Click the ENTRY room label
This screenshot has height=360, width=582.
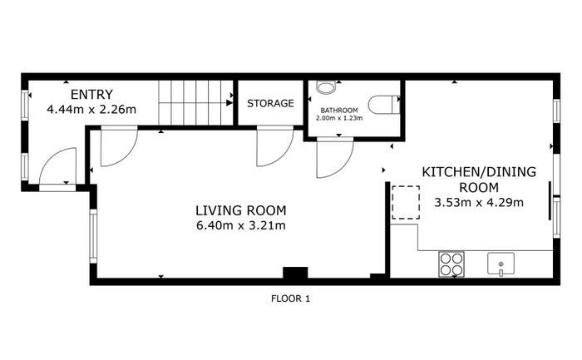click(91, 95)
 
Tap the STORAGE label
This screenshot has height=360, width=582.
click(270, 103)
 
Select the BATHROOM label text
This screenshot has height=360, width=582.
click(339, 111)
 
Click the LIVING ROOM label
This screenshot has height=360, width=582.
click(241, 210)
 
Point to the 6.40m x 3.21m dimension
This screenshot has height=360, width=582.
click(241, 225)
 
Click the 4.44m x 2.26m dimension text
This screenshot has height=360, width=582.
click(91, 110)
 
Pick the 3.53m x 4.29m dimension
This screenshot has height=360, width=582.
click(479, 203)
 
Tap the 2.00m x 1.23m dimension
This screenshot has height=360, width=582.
click(339, 118)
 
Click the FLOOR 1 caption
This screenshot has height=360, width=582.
click(291, 298)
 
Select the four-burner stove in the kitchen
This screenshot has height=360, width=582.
click(451, 264)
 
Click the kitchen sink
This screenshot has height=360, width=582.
click(501, 264)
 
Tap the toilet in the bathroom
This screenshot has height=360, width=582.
click(384, 105)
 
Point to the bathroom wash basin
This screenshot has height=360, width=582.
click(326, 87)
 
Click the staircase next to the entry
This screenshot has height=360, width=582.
click(195, 103)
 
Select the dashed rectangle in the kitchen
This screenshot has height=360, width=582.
click(406, 203)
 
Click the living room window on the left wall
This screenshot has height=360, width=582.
click(93, 236)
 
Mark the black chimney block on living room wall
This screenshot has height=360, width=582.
click(295, 273)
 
